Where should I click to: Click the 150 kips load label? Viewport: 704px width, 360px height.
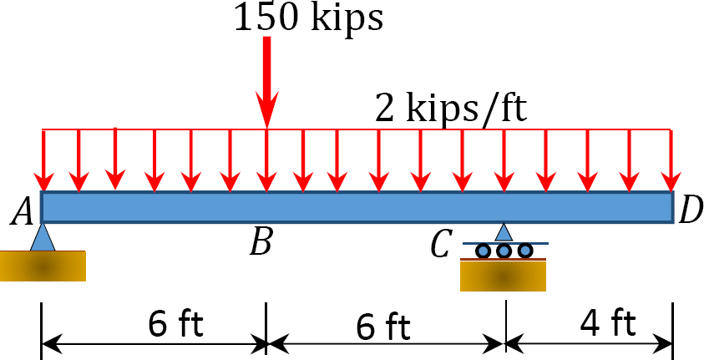pos(309,18)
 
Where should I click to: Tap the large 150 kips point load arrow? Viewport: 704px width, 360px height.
pos(267,82)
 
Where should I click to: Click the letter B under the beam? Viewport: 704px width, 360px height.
pos(261,244)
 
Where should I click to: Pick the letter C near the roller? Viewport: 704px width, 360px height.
pos(440,246)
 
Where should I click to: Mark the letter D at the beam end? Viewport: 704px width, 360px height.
pos(691,211)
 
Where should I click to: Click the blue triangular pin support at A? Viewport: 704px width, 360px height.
pos(43,237)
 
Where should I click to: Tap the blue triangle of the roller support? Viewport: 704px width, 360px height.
pos(504,232)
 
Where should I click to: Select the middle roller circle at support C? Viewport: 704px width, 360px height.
pos(504,251)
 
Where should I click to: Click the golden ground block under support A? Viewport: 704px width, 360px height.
pos(43,266)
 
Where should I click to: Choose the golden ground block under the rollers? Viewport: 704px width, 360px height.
pos(503,275)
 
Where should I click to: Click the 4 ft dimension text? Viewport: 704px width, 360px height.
pos(608,323)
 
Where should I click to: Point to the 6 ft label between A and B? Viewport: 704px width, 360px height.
pos(175,324)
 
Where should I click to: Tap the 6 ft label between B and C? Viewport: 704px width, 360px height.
pos(383,327)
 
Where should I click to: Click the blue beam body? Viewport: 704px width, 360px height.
pos(357,207)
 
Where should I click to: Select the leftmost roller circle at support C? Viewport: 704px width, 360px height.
pos(483,251)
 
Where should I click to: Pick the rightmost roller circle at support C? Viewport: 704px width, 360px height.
pos(524,251)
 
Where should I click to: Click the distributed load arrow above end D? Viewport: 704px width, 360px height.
pos(671,160)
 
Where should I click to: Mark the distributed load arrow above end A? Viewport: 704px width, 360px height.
pos(43,160)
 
